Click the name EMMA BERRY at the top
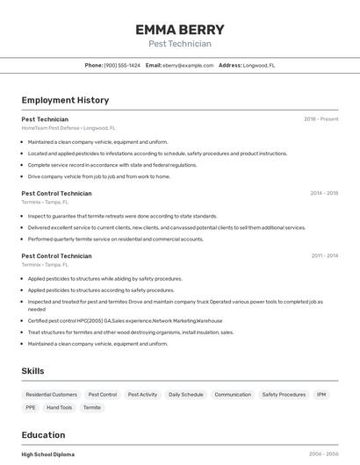click(179, 29)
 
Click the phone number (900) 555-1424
click(122, 65)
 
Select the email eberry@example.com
click(188, 65)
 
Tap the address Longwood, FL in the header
click(259, 65)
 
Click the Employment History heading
click(65, 100)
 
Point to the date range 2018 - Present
click(321, 119)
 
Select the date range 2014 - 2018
click(324, 193)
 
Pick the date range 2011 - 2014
click(324, 256)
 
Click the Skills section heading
click(32, 371)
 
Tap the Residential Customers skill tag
click(52, 395)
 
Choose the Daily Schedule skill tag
click(185, 395)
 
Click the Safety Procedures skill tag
click(284, 395)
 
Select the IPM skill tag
click(321, 395)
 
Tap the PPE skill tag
click(31, 407)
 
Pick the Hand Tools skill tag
click(60, 407)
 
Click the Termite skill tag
click(92, 407)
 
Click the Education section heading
click(43, 435)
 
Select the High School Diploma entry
click(48, 454)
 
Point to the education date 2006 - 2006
click(323, 454)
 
